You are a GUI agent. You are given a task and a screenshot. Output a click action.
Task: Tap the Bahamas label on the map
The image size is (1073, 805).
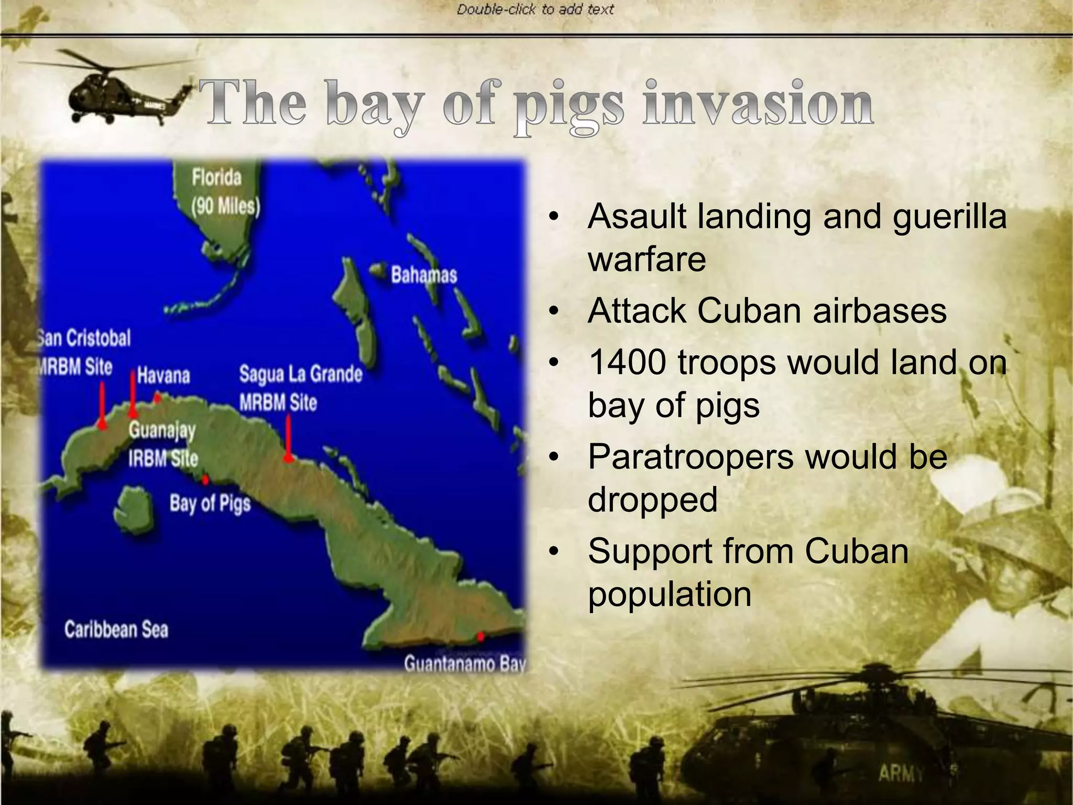tap(424, 275)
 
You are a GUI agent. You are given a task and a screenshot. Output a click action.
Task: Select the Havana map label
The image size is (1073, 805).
tap(163, 375)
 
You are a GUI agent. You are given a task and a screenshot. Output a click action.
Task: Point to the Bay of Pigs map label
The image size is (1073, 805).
tap(210, 504)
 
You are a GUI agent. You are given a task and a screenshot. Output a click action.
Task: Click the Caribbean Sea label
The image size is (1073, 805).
tap(116, 629)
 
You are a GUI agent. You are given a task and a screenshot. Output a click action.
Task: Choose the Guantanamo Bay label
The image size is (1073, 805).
tap(464, 663)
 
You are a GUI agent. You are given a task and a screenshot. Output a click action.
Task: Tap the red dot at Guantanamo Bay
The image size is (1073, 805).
tap(480, 637)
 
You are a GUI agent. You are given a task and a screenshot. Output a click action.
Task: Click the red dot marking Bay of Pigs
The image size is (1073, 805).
tap(205, 480)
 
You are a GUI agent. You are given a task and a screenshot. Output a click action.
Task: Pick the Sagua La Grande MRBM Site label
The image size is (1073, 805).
tap(300, 388)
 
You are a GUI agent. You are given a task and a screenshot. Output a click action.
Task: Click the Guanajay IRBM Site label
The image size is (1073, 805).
tap(163, 444)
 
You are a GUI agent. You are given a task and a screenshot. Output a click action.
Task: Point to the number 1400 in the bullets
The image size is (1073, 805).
tap(627, 362)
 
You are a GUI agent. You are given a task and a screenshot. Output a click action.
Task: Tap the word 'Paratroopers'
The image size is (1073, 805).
tap(691, 456)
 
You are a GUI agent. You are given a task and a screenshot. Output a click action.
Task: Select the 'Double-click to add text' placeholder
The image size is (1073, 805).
tap(535, 9)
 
